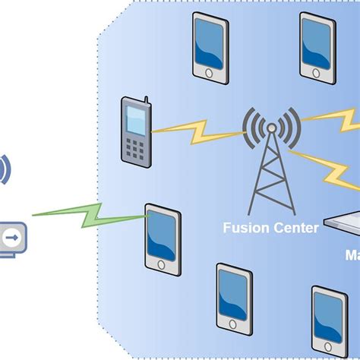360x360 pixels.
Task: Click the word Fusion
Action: coord(243,226)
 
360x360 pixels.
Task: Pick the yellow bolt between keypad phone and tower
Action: coord(195,128)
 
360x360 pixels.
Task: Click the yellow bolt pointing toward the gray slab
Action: coord(327,170)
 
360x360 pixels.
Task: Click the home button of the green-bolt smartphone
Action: coord(162,264)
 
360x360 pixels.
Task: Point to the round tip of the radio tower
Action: coord(270,128)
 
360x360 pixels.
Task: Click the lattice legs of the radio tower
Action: coord(270,182)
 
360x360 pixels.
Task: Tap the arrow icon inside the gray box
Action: coord(12,237)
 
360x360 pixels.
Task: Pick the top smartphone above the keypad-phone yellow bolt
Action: coord(209,46)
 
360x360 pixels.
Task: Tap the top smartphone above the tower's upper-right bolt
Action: coord(317,46)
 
